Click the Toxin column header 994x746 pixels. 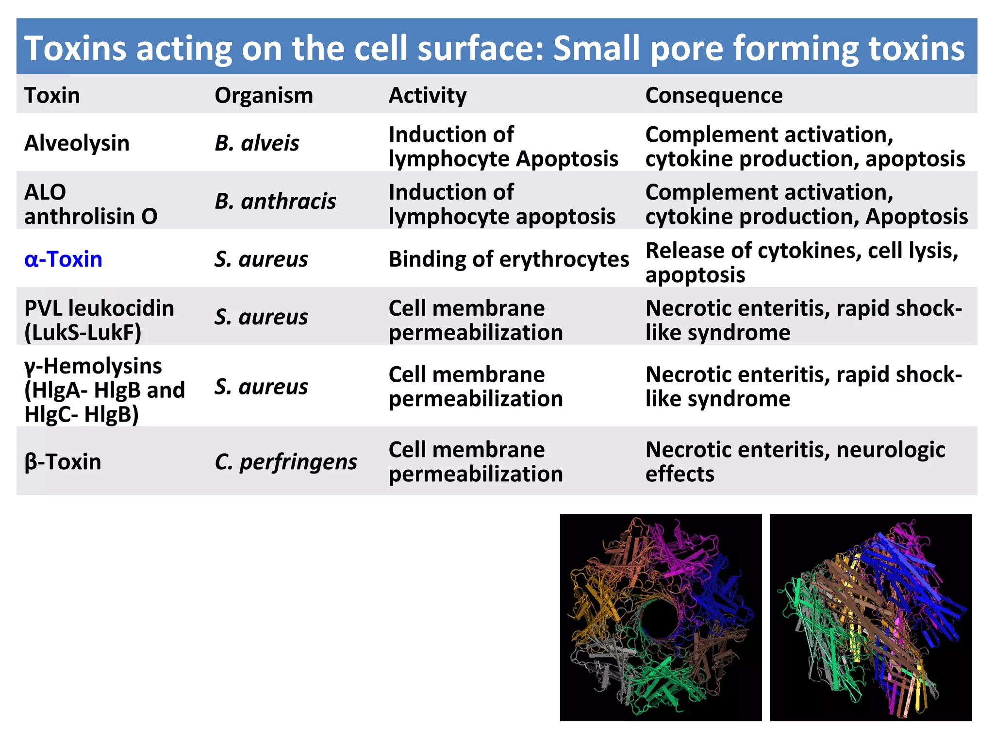pos(52,95)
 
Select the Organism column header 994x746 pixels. pos(264,95)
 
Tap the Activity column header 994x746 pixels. pos(428,95)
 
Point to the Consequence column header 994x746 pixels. pos(713,95)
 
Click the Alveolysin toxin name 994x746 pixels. pos(77,143)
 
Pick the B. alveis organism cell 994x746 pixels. pos(257,143)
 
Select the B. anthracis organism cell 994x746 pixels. pos(275,201)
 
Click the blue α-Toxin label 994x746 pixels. pos(63,259)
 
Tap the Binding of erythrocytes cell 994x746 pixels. pos(509,259)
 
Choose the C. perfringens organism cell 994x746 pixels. pos(286,462)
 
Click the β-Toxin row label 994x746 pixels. pos(63,462)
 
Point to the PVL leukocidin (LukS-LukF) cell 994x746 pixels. pos(99,320)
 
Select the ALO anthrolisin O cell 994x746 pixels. pos(91,204)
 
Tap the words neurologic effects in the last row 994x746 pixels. pos(796,461)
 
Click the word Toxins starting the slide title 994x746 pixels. pos(75,48)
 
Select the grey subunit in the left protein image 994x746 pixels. pos(602,661)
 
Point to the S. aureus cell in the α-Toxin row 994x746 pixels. pos(261,259)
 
